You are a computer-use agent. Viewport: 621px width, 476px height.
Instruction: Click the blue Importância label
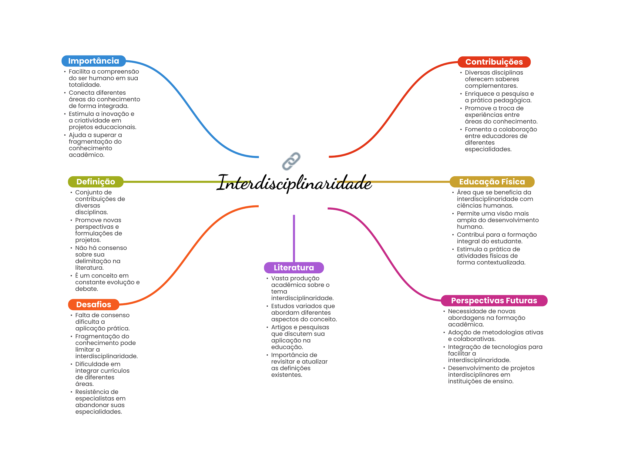(93, 61)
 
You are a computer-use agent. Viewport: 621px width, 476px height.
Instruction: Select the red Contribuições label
(494, 62)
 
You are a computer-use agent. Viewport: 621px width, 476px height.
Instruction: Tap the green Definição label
(96, 182)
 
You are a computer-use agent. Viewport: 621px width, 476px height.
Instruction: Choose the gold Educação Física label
(492, 182)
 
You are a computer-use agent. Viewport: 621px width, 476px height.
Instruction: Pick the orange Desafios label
(93, 305)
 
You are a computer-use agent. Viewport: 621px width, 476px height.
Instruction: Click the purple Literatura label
(294, 268)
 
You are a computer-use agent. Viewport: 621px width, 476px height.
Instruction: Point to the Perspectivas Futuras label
(494, 301)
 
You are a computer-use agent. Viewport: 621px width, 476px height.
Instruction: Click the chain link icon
(291, 161)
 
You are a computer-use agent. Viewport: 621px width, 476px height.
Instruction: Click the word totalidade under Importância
(85, 85)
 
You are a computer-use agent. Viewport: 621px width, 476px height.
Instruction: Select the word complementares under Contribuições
(491, 86)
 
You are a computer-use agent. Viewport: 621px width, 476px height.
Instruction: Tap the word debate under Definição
(86, 289)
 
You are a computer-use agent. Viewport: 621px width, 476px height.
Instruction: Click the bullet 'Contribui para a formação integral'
(496, 238)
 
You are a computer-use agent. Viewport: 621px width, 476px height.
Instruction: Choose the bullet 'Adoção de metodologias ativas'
(495, 336)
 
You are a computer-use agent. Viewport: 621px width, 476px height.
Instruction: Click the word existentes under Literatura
(287, 375)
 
